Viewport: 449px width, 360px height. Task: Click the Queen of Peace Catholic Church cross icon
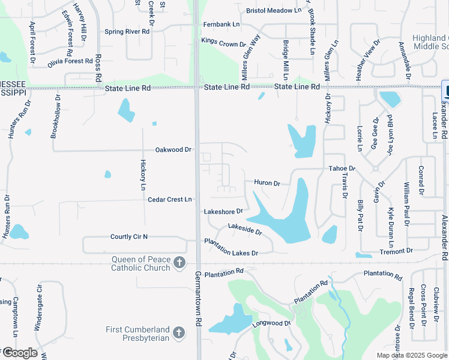[179, 263]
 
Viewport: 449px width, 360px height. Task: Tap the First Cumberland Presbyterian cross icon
[179, 332]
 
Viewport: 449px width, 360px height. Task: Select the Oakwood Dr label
[173, 149]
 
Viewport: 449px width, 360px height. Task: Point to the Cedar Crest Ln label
[169, 199]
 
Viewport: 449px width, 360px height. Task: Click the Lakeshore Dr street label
[223, 211]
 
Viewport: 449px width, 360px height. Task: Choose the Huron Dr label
[267, 182]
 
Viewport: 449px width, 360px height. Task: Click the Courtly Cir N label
[129, 237]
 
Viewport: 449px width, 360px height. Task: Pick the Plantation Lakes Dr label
[231, 247]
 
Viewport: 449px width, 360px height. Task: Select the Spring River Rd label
[127, 31]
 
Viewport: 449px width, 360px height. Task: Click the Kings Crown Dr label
[224, 42]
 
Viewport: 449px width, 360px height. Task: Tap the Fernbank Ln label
[221, 25]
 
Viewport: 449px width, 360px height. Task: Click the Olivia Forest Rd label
[70, 61]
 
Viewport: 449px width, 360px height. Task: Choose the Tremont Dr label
[396, 251]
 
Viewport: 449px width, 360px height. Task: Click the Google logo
[20, 353]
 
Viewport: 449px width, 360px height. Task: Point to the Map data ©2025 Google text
[411, 355]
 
